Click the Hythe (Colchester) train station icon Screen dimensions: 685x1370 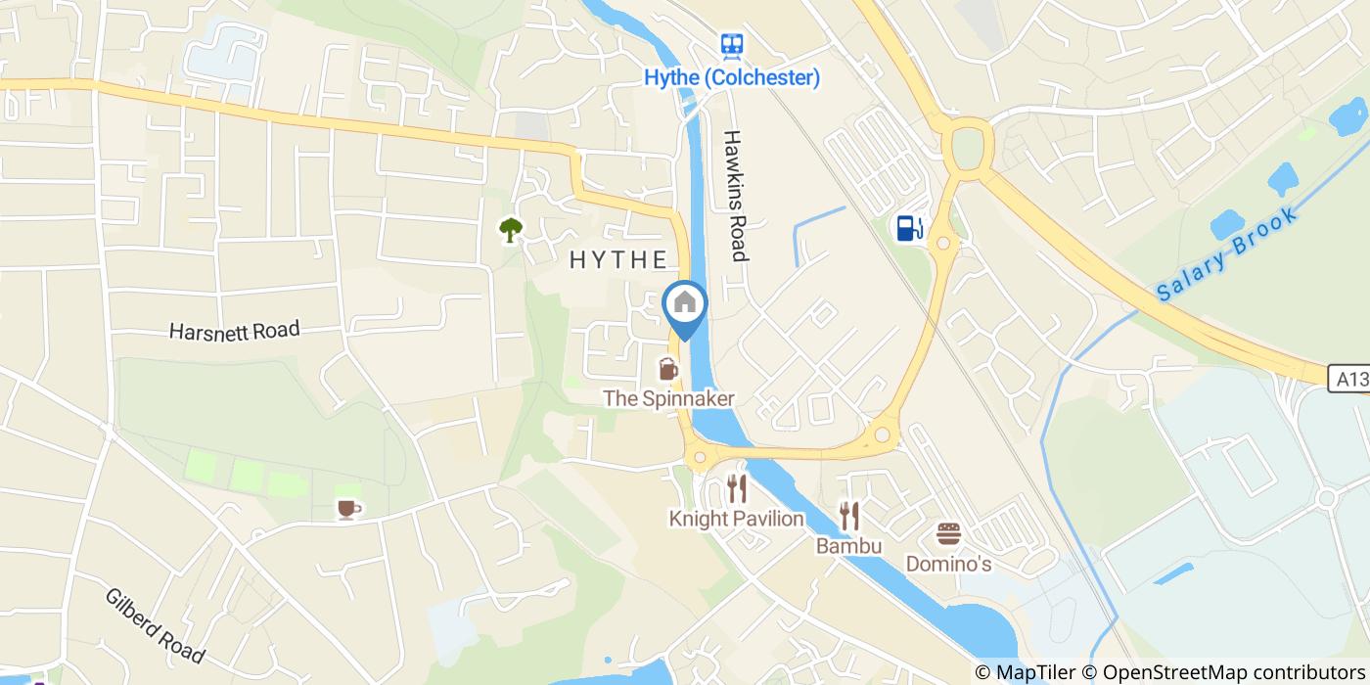(x=731, y=45)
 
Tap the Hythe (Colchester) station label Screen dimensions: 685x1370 (x=732, y=78)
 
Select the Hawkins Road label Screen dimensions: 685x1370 (x=736, y=196)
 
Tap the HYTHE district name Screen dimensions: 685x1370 (x=618, y=260)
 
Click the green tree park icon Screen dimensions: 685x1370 (x=510, y=230)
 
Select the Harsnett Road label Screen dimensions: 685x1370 (x=234, y=331)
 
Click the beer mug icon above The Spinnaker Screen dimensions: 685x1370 (x=668, y=369)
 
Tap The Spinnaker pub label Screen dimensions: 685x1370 (x=668, y=398)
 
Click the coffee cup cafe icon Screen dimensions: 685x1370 (x=347, y=508)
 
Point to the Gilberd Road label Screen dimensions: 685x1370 (x=156, y=626)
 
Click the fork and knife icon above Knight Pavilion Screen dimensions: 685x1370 (x=737, y=488)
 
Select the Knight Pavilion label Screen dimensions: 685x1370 (x=737, y=519)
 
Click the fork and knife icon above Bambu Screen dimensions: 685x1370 (x=849, y=515)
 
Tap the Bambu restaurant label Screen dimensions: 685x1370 (x=849, y=545)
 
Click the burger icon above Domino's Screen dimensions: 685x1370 (x=948, y=533)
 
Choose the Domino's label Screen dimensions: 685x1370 (x=948, y=564)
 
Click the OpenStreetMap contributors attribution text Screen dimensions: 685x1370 (x=1234, y=672)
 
